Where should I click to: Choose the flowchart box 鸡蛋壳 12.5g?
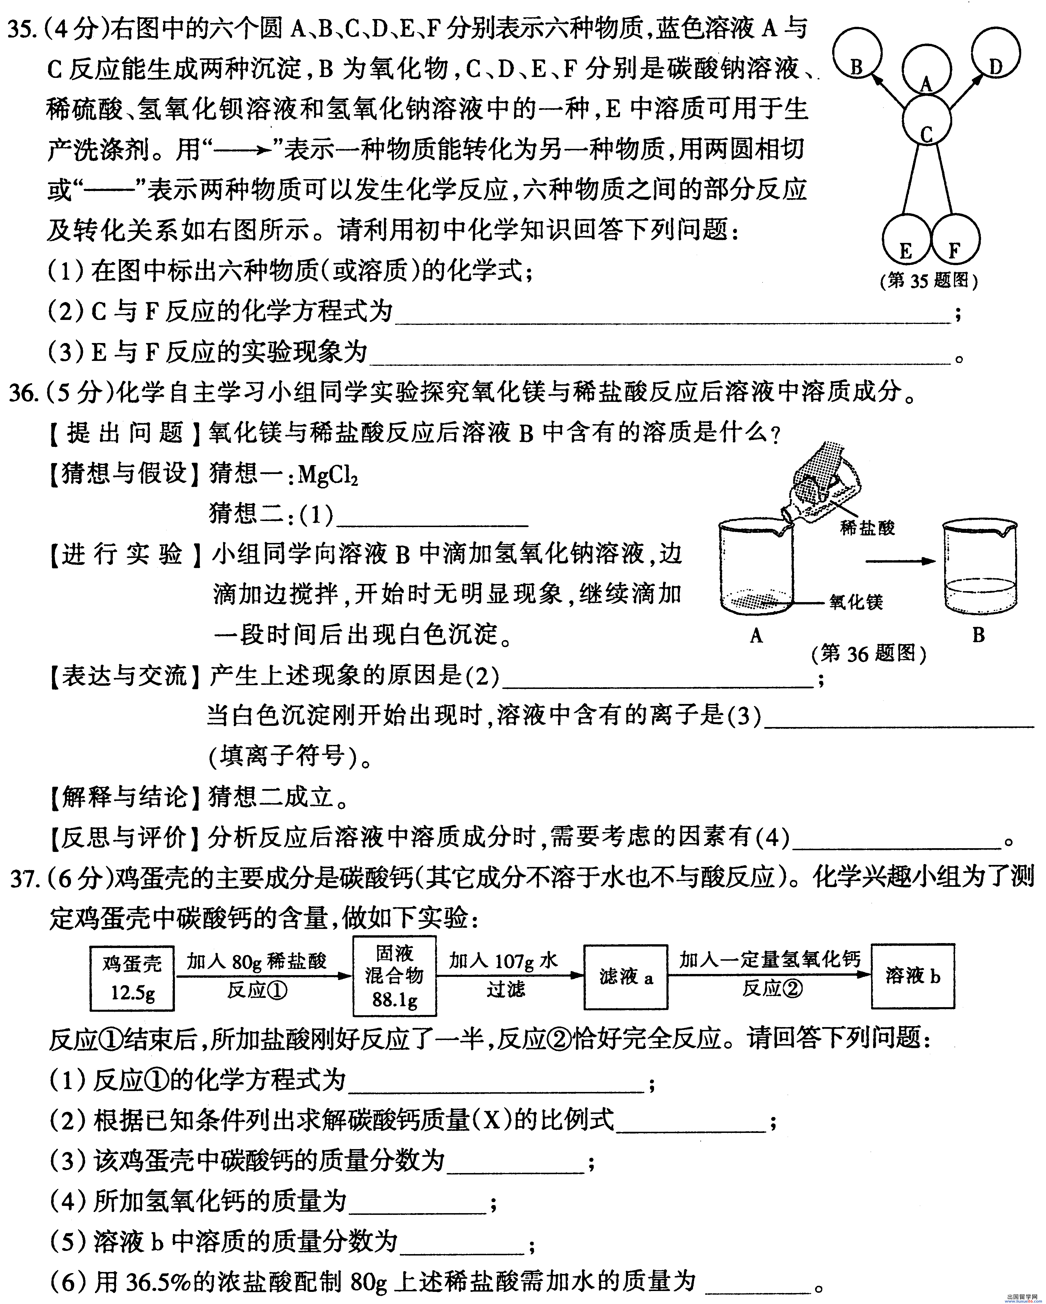point(132,978)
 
